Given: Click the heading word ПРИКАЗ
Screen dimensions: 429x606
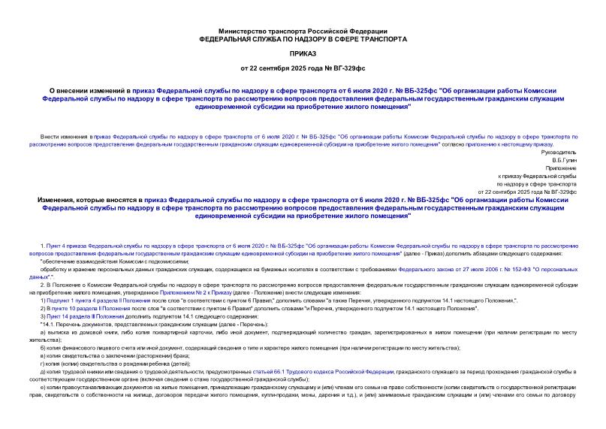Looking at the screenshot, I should click(x=302, y=54).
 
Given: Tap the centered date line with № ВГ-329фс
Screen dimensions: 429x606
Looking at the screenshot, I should click(x=302, y=68).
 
